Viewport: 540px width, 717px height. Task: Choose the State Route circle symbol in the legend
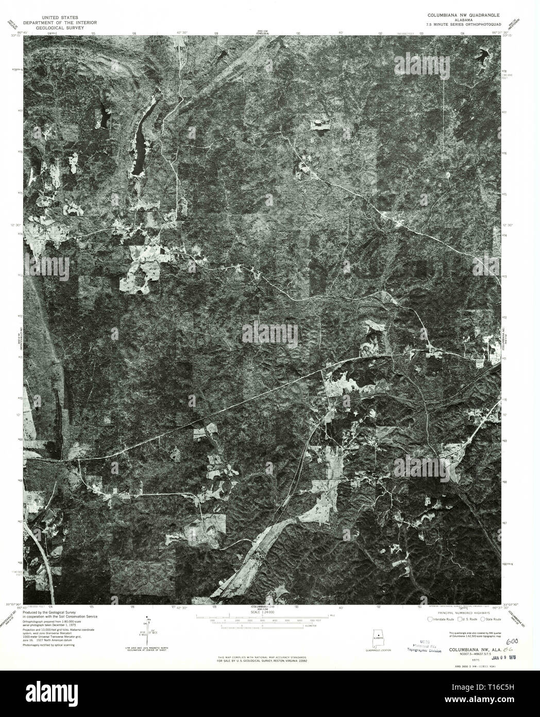pos(482,618)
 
